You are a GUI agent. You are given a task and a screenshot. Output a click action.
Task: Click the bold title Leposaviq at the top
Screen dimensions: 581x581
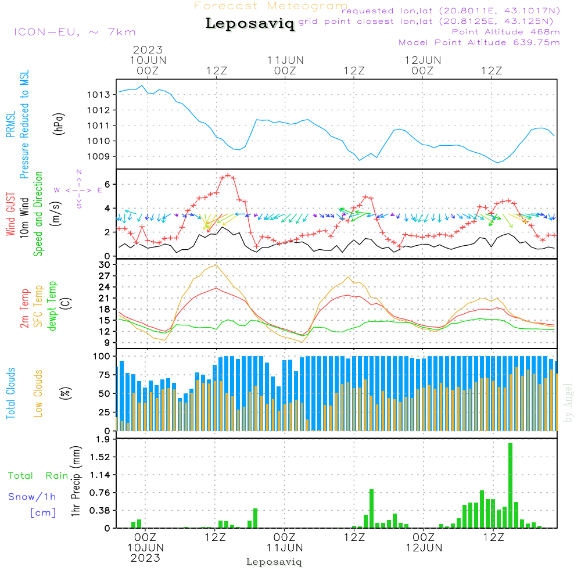(250, 24)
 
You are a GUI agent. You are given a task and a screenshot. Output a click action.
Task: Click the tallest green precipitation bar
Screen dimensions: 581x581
(510, 485)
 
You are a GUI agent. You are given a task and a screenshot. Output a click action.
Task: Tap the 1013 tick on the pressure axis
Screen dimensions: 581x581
(99, 95)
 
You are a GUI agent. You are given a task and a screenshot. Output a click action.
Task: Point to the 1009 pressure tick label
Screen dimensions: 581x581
(99, 156)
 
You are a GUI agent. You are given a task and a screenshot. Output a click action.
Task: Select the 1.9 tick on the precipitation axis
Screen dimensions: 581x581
(102, 439)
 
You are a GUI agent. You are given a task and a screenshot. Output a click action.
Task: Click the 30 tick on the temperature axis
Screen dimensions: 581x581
(104, 264)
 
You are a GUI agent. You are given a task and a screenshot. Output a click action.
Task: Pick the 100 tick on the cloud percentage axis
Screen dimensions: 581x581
(102, 356)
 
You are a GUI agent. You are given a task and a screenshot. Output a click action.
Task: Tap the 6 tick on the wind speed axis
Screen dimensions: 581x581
(107, 184)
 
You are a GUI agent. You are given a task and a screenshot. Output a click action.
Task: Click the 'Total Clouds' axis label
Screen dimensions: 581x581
(11, 393)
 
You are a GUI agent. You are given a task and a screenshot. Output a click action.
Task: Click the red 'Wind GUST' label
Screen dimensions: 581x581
(10, 214)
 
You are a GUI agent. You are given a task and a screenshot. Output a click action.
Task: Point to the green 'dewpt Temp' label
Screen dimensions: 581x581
(52, 306)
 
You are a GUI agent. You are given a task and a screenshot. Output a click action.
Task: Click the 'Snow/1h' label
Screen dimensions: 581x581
(32, 497)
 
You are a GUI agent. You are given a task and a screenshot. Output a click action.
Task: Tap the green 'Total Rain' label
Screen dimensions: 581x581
(38, 475)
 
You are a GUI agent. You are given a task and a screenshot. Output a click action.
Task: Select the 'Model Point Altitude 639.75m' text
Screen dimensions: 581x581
(479, 42)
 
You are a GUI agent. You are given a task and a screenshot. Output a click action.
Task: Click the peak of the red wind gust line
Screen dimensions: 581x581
(228, 175)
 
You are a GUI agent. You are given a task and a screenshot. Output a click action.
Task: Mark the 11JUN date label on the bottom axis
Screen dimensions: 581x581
(285, 547)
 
